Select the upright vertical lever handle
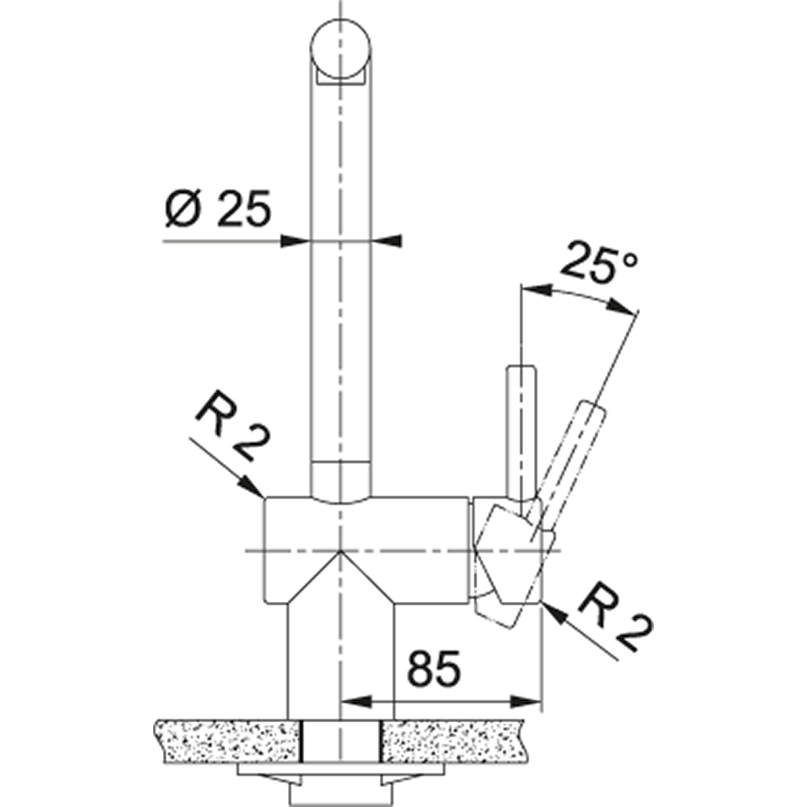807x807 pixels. click(x=518, y=428)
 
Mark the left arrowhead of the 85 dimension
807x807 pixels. click(x=353, y=700)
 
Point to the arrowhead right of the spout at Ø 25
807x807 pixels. click(x=386, y=240)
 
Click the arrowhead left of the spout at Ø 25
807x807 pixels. click(x=297, y=240)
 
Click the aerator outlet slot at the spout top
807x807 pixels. click(x=341, y=77)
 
